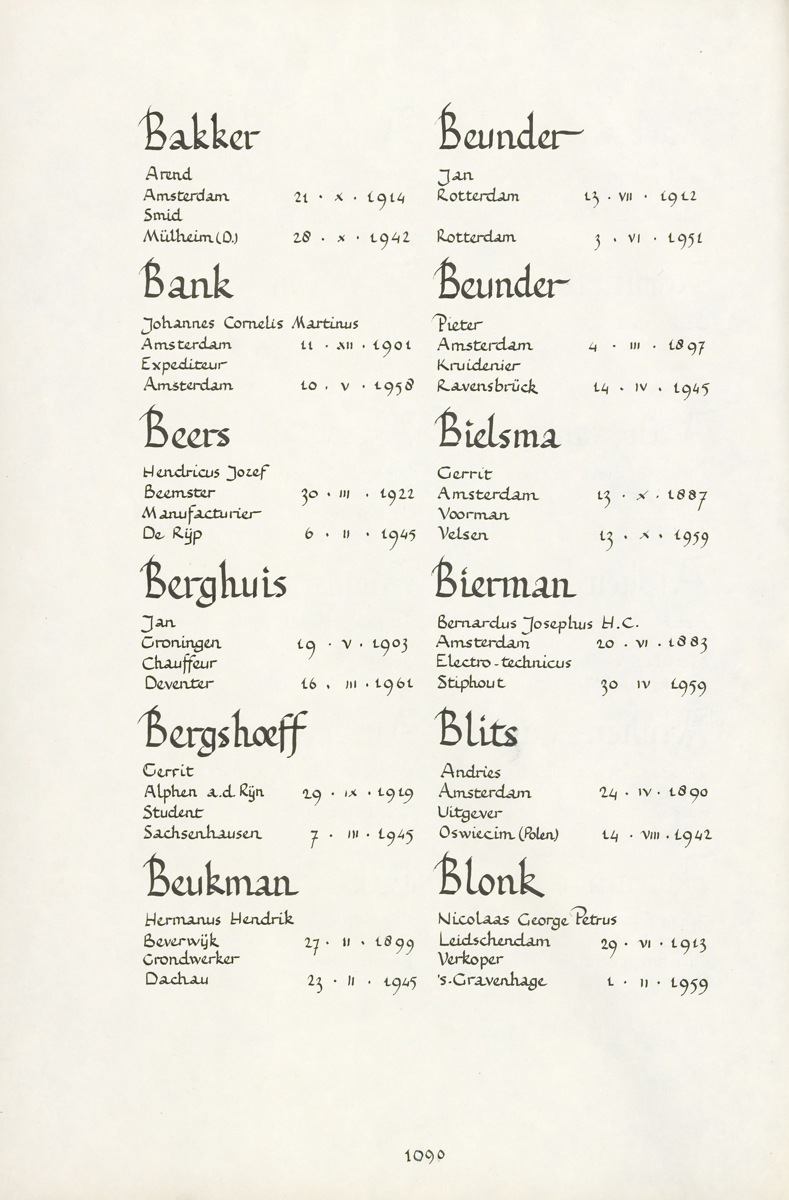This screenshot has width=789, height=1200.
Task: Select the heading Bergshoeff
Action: point(225,732)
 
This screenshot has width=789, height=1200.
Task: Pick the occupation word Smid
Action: point(162,216)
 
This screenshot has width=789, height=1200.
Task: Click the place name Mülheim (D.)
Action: point(190,237)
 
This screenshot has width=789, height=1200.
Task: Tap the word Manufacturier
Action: point(201,514)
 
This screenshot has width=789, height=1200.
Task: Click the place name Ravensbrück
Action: point(487,386)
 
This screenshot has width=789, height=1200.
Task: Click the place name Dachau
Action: point(176,979)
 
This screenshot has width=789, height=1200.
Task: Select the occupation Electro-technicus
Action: point(503,662)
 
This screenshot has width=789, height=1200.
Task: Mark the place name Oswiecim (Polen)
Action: point(498,833)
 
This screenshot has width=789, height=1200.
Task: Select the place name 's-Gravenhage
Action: point(492,981)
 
